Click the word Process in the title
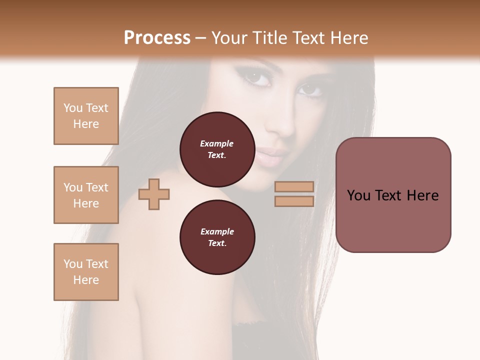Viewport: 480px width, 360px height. (x=157, y=37)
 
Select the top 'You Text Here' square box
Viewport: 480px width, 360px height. (x=86, y=116)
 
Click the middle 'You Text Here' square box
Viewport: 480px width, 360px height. (x=86, y=195)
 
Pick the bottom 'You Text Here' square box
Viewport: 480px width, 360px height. (x=86, y=272)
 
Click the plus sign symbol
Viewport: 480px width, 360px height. (x=154, y=194)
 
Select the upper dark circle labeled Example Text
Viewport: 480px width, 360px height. (x=217, y=149)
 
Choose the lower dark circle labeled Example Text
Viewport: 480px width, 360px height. (x=217, y=237)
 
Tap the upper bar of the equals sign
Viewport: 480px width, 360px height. (x=294, y=187)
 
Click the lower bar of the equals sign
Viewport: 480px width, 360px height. (x=294, y=201)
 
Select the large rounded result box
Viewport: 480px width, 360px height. (x=393, y=195)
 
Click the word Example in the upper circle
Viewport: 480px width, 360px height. (x=217, y=143)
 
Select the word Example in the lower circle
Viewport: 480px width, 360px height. (x=217, y=231)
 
